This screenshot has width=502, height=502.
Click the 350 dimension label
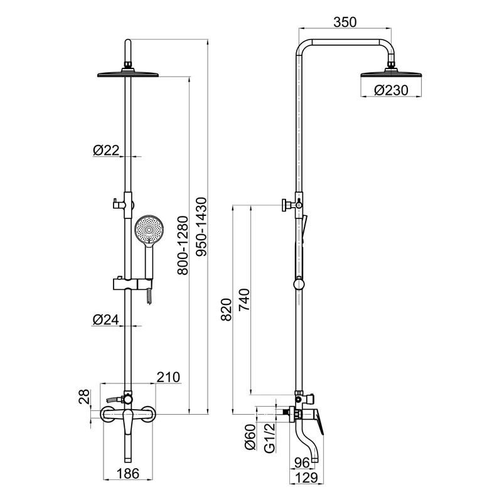[344, 22]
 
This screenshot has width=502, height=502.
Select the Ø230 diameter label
[391, 90]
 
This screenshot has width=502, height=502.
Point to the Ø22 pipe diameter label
[106, 150]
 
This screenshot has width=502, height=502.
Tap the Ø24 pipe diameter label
[105, 319]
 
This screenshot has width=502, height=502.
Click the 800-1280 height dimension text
[183, 245]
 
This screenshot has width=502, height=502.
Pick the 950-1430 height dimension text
[201, 227]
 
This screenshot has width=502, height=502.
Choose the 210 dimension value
[168, 377]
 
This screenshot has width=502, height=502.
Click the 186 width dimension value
[128, 474]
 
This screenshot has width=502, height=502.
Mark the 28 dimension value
[85, 397]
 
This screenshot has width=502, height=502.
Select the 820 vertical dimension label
[226, 309]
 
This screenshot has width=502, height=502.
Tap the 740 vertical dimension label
[244, 300]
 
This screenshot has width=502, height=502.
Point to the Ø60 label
[250, 437]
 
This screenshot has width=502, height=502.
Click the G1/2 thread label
[270, 437]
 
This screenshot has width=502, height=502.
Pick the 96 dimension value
[302, 462]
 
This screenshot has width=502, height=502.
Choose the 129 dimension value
[306, 478]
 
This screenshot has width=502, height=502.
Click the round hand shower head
[149, 230]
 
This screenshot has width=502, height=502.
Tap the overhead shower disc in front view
[128, 74]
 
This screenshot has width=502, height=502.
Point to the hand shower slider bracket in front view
[132, 284]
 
